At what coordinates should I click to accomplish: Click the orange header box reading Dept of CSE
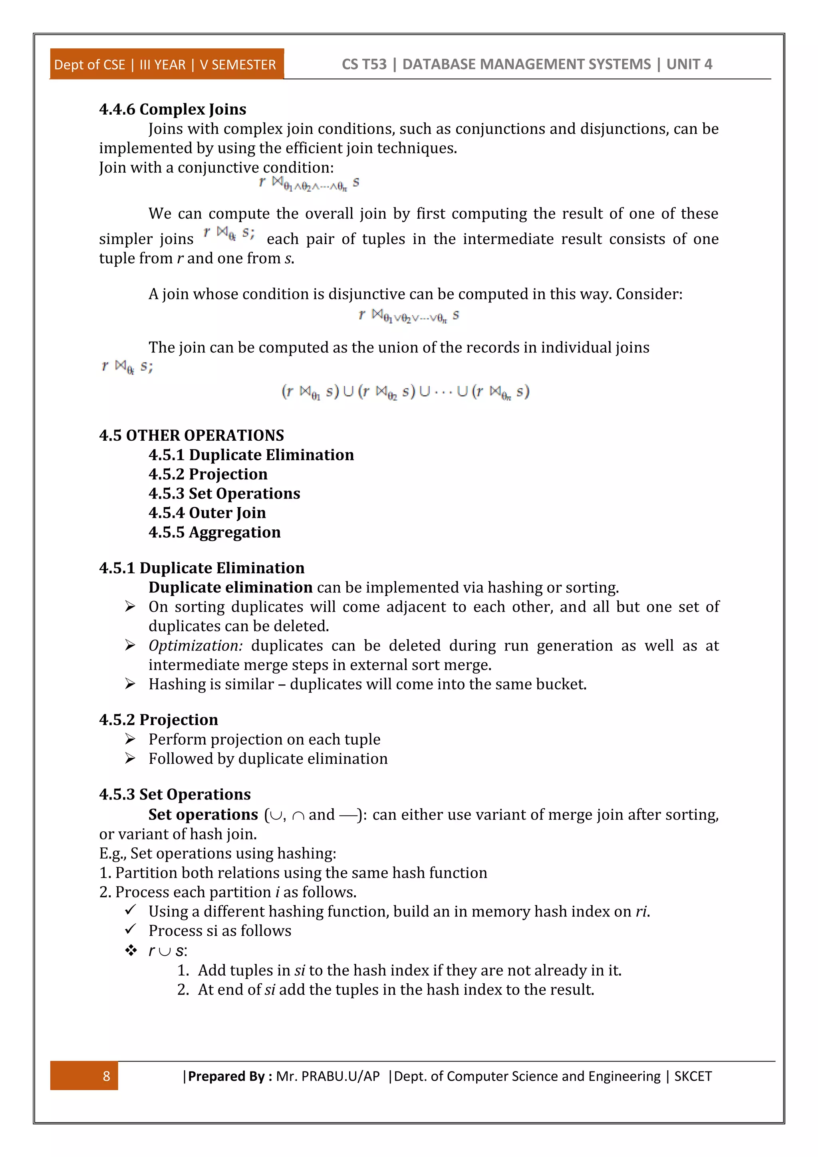166,64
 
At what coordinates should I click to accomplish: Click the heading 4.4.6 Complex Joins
172,109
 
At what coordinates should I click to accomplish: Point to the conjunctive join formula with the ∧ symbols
309,184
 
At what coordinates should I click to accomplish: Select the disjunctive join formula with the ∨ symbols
409,316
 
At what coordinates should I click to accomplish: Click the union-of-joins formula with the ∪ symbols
405,392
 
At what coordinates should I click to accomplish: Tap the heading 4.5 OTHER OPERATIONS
191,435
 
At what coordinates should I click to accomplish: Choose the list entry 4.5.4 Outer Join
207,513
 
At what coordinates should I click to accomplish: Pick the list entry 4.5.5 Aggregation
214,532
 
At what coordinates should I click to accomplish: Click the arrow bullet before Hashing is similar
130,684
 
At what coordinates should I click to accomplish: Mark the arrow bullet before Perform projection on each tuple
130,739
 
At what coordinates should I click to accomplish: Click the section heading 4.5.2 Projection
159,720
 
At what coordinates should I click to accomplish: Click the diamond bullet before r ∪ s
131,951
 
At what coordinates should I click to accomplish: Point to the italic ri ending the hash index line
641,912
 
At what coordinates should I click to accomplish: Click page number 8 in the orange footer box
106,1076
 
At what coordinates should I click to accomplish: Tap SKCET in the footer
693,1076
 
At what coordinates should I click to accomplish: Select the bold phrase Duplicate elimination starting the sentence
230,588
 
